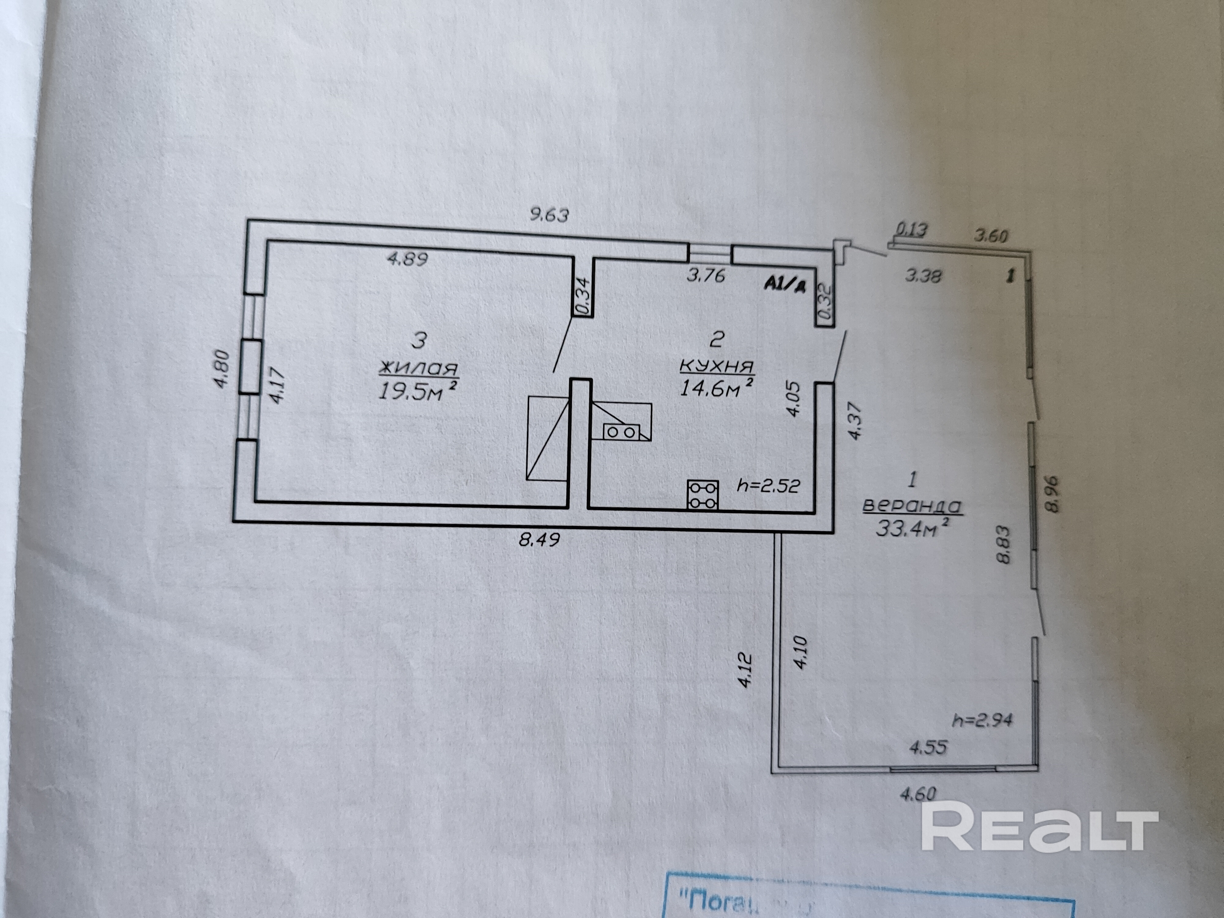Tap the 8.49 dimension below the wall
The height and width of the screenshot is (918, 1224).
[539, 538]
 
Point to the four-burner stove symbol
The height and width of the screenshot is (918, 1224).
[703, 494]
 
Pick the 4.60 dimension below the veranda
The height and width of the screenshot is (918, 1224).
[919, 795]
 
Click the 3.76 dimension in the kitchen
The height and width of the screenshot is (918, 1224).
[706, 275]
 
